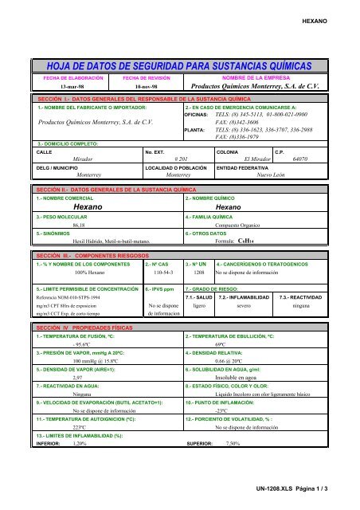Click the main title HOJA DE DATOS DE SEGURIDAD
click(x=180, y=65)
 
